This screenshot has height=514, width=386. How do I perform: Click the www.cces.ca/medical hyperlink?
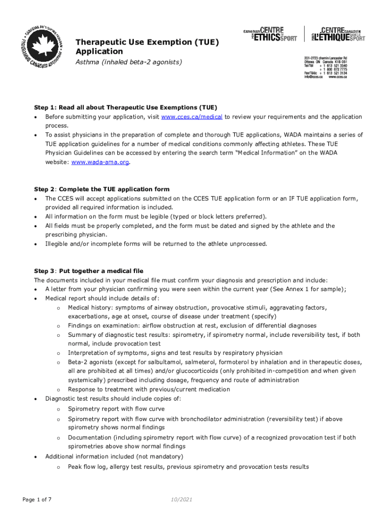pyautogui.click(x=191, y=117)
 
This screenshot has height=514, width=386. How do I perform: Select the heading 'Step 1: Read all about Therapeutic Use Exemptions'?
pyautogui.click(x=125, y=107)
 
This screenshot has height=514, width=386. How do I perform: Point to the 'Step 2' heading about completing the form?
pyautogui.click(x=102, y=189)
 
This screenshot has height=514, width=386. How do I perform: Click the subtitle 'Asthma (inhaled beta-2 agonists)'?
pyautogui.click(x=126, y=62)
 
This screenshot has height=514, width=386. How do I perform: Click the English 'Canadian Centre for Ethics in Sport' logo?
pyautogui.click(x=270, y=34)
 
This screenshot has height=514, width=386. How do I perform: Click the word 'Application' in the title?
pyautogui.click(x=99, y=51)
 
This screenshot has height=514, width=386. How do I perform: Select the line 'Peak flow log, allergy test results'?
pyautogui.click(x=188, y=467)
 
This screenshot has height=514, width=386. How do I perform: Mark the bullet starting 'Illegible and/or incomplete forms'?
pyautogui.click(x=156, y=244)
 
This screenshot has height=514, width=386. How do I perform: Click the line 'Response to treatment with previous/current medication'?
pyautogui.click(x=149, y=389)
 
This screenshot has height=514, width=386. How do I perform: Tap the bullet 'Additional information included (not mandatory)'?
pyautogui.click(x=114, y=457)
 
